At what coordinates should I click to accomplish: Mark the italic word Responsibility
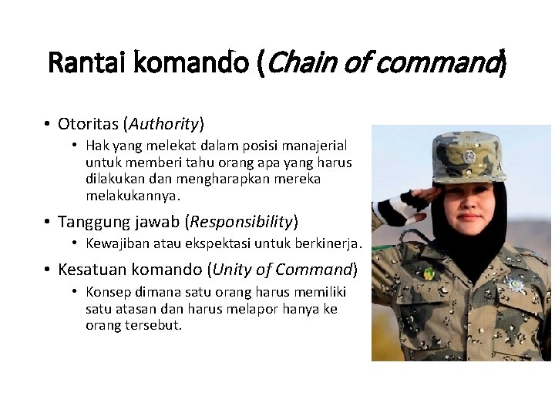(240, 222)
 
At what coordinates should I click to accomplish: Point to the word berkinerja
(329, 244)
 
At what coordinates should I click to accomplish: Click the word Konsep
(109, 292)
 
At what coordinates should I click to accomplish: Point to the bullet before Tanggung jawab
(47, 222)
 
